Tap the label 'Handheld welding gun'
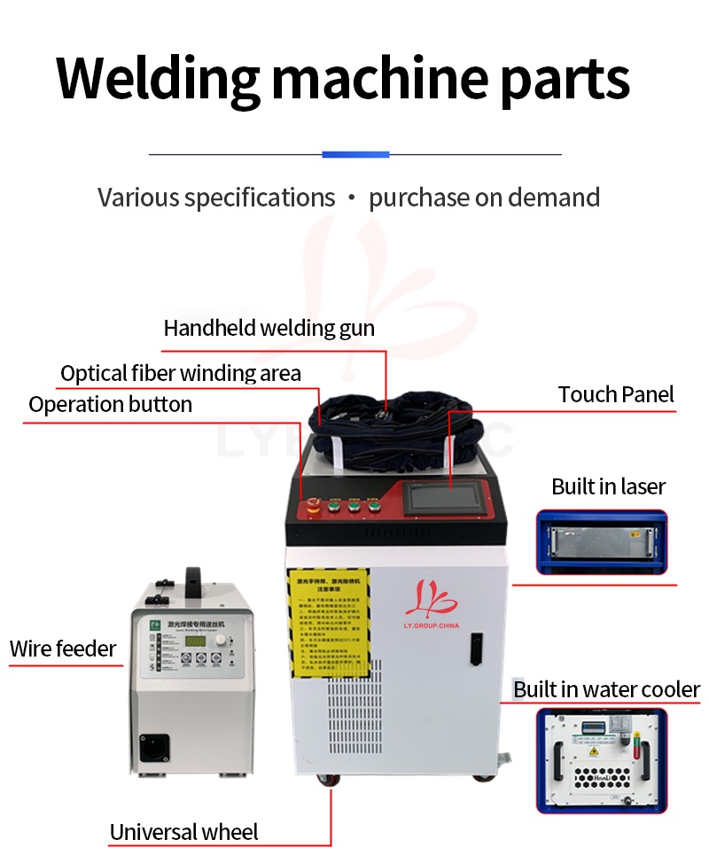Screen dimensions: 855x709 pos(269,329)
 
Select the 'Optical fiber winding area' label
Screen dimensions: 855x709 pos(181,374)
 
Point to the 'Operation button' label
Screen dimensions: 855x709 pos(110,405)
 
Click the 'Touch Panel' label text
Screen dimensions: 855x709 pos(616,395)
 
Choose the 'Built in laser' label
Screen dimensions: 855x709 pos(608,486)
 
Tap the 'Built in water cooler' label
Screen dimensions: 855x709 pos(607,690)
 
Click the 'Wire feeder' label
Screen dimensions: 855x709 pos(63,649)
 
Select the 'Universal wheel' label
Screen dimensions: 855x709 pos(183,833)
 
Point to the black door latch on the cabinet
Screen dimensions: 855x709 pos(476,649)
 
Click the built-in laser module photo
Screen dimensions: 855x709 pos(600,541)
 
